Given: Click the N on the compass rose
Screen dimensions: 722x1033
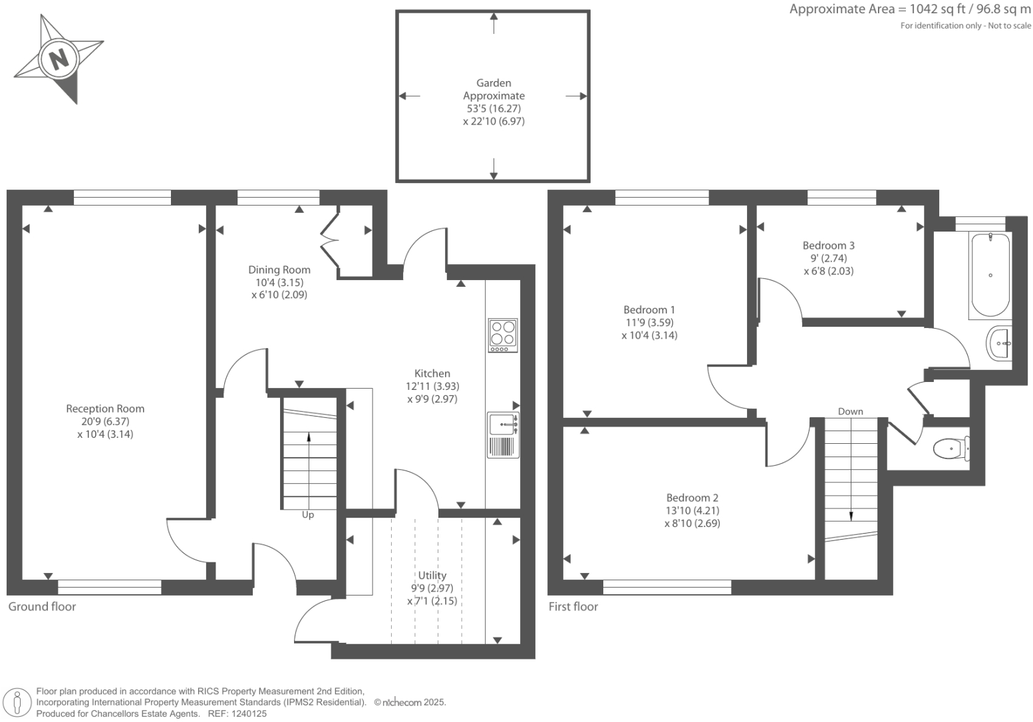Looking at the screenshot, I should coord(59,59).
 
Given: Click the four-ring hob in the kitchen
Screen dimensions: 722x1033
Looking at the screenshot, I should coord(503,335).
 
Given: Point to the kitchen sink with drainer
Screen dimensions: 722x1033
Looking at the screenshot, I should coord(503,435).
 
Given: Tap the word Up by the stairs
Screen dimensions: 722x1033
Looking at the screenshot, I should coord(308,515).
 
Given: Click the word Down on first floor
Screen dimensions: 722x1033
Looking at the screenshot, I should coord(850,411).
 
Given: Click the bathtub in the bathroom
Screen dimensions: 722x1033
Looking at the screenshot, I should coord(990,275).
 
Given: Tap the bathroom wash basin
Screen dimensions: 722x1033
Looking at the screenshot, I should coord(999,343).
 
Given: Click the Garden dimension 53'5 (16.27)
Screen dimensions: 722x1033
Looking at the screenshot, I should coord(494,108).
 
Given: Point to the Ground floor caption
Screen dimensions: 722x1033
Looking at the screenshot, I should coord(42,607).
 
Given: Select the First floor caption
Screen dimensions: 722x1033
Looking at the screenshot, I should coord(573,607).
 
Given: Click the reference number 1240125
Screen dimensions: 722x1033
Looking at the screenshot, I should coord(247,713).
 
